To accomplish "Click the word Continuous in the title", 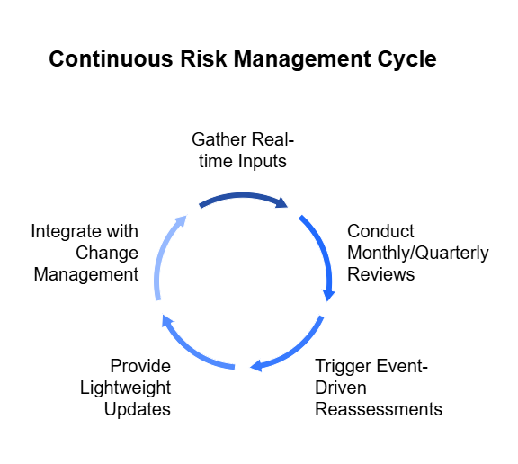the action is point(111,58).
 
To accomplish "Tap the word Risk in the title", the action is point(203,58).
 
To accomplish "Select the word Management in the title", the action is point(302,59).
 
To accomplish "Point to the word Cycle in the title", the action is point(407,59).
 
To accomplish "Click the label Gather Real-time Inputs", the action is point(243,150).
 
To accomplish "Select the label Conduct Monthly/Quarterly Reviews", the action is point(418,253).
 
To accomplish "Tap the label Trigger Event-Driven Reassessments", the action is point(379,388).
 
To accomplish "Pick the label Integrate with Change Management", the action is point(85,253).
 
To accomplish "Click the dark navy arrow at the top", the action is point(243,195).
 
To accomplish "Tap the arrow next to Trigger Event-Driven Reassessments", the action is point(295,350).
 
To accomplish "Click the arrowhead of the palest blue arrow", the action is point(182,220).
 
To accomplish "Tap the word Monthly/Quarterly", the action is point(418,254).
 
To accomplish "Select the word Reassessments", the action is point(379,409).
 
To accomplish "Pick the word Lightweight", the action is point(126,388).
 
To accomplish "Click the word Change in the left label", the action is point(107,254).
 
